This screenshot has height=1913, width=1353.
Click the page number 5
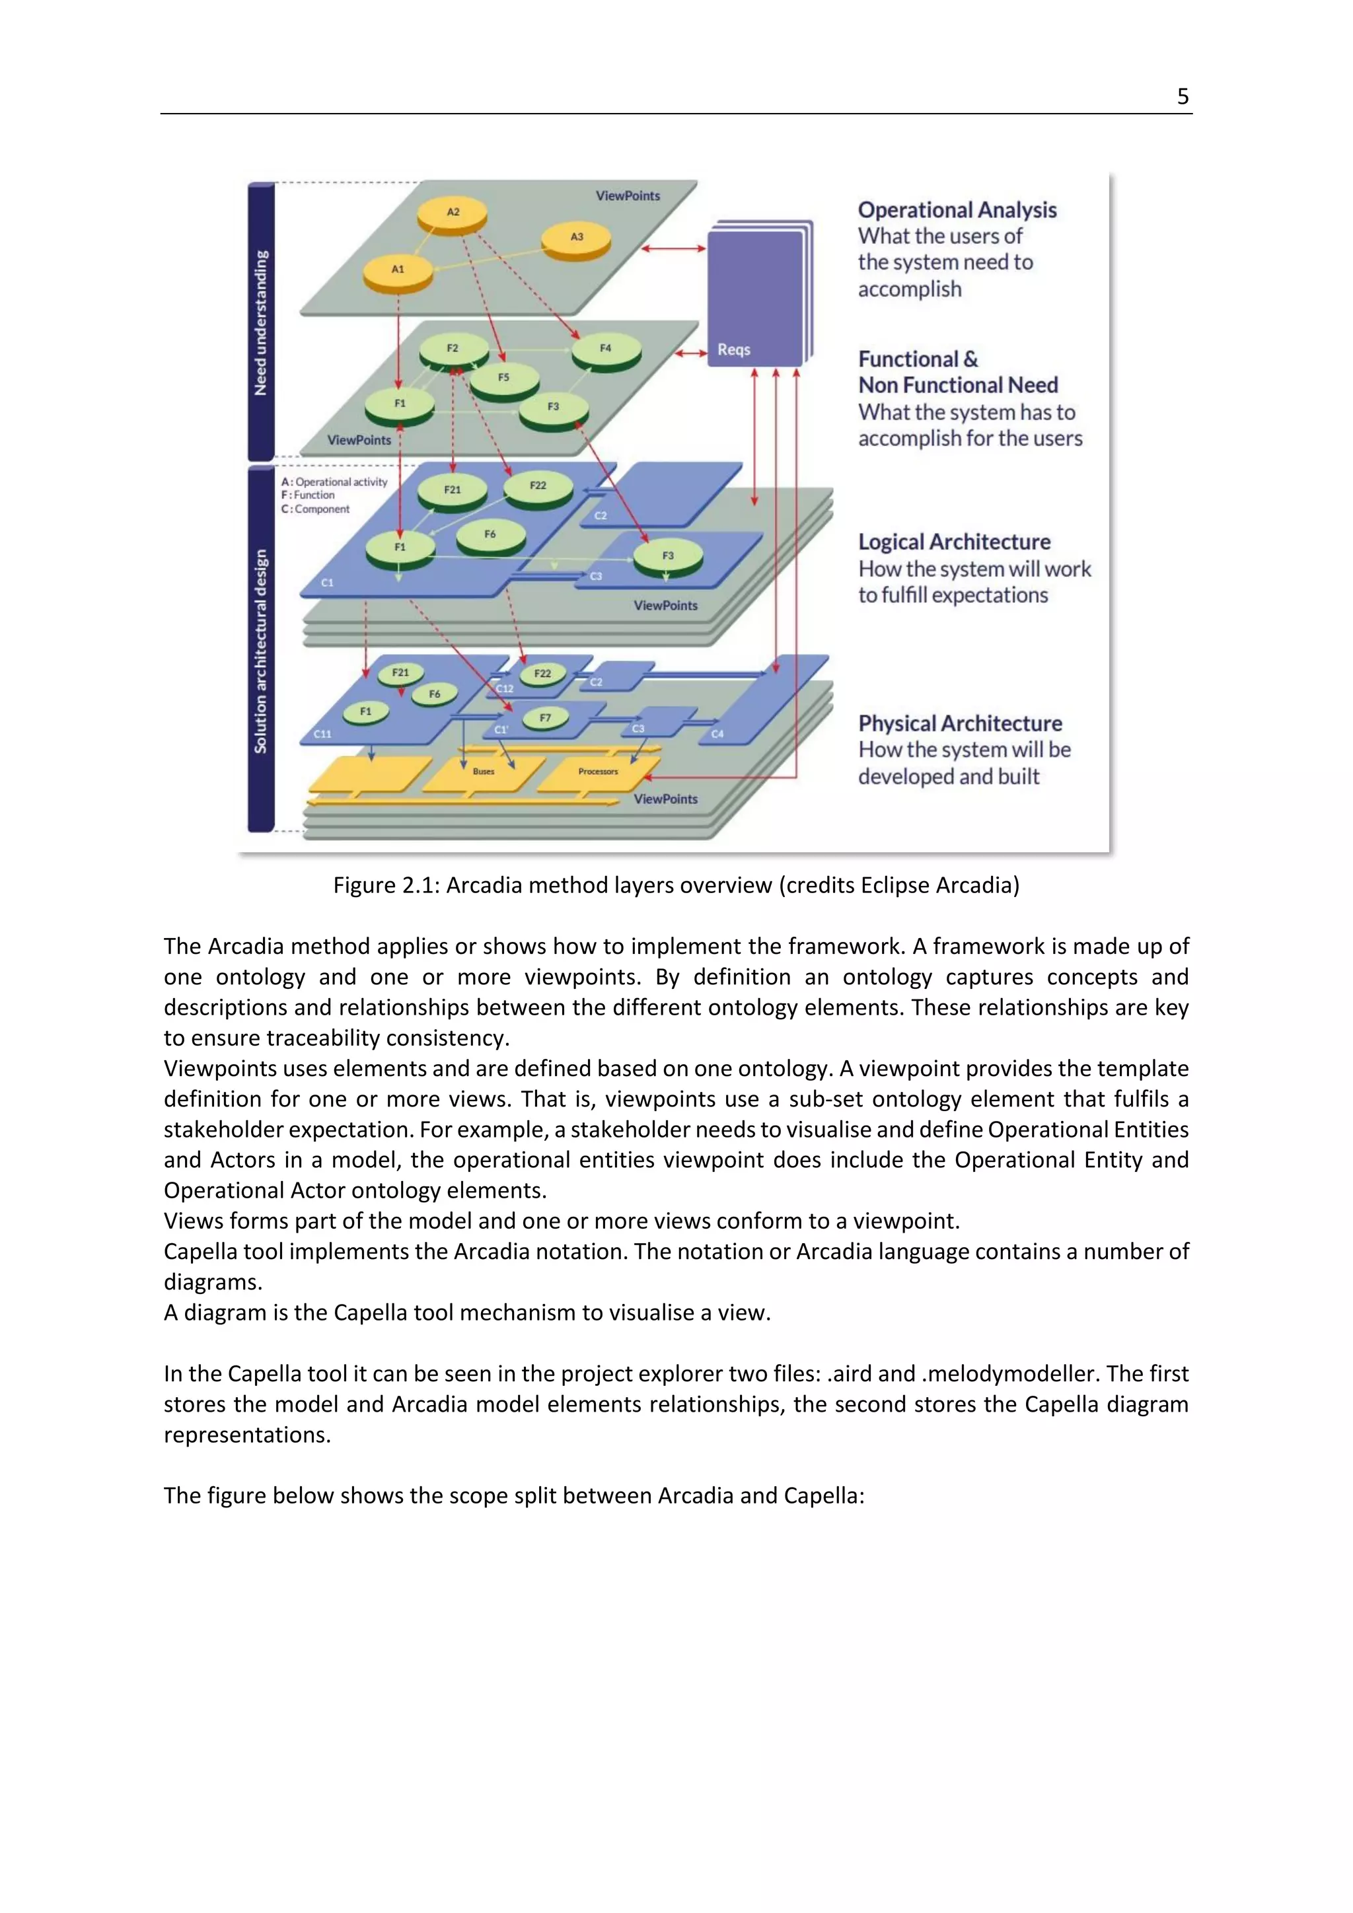(1182, 96)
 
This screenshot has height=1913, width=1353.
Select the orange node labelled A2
(453, 213)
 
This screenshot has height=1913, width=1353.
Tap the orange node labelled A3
(575, 238)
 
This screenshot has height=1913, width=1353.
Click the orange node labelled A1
(398, 270)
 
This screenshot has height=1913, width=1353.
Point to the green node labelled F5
(503, 379)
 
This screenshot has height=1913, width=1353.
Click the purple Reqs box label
(734, 350)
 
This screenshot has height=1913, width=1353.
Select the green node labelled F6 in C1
(490, 535)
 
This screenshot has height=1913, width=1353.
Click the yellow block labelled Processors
(598, 772)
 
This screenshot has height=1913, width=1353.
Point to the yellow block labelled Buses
(483, 772)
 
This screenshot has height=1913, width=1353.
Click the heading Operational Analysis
(957, 210)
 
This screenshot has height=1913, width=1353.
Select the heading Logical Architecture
(954, 542)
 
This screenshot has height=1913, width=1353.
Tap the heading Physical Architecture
(960, 723)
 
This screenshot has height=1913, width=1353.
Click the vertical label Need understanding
(262, 322)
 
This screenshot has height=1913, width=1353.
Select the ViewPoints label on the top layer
(628, 196)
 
